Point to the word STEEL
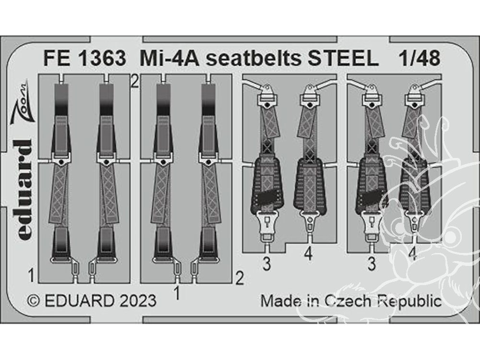click(x=343, y=58)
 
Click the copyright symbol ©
click(x=34, y=301)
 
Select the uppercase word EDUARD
click(x=79, y=301)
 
